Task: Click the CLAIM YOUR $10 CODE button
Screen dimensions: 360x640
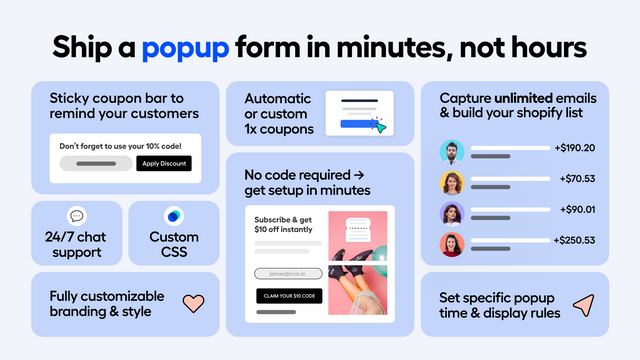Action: [289, 295]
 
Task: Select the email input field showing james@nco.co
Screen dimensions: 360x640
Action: [289, 273]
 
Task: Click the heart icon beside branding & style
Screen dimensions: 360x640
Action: [193, 303]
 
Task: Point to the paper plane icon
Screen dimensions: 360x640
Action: [583, 304]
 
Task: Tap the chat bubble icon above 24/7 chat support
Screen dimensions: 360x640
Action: [77, 216]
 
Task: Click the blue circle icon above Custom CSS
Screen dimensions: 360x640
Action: [174, 216]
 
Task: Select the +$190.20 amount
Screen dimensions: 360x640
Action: [574, 149]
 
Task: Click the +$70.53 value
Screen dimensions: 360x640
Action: [577, 180]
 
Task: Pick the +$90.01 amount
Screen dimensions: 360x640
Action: [577, 210]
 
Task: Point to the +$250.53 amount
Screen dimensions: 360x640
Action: [574, 240]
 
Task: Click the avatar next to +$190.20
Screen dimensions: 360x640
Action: [452, 152]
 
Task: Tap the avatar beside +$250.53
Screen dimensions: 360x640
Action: [452, 243]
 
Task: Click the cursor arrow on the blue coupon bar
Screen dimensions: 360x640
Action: [378, 126]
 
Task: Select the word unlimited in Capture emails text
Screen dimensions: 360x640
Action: [527, 99]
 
